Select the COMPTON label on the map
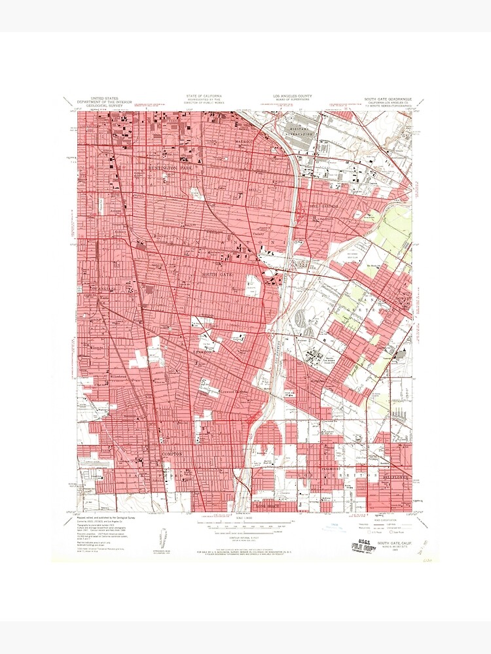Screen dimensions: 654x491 pos(172,453)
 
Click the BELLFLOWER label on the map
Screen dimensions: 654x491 pos(393,478)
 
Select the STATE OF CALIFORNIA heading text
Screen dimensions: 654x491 pos(204,97)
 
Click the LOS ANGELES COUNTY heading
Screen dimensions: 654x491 pos(287,97)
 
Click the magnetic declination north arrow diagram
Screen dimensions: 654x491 pos(163,540)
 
